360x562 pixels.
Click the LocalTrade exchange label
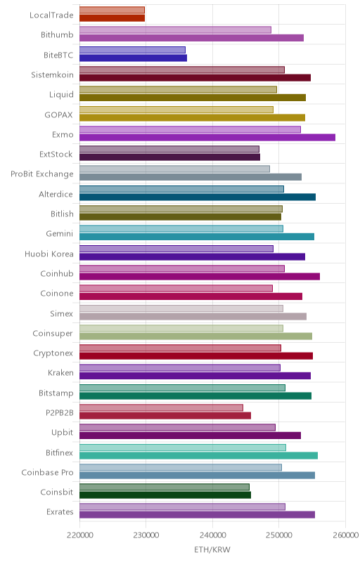coord(51,15)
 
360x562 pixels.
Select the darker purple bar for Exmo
coord(207,137)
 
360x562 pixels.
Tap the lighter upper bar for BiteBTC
coord(132,50)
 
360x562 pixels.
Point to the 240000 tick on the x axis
coord(212,535)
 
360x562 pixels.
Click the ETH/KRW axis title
coord(212,549)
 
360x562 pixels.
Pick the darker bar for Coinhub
coord(200,276)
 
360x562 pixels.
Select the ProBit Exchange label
coord(42,174)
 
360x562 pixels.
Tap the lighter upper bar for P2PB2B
coord(161,407)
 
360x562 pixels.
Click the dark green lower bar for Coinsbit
coord(165,495)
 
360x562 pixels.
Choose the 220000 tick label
coord(79,535)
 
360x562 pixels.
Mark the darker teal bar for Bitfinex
coord(199,455)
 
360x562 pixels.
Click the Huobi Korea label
coord(49,254)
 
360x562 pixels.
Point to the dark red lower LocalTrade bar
coord(112,18)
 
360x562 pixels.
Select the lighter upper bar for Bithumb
coord(175,30)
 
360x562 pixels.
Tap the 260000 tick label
coord(345,535)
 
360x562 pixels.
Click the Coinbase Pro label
coord(47,472)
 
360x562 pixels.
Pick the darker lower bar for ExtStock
coord(169,157)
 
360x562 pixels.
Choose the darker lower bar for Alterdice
coord(198,197)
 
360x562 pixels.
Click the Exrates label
coord(60,512)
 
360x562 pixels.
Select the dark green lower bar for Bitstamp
coord(195,396)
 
